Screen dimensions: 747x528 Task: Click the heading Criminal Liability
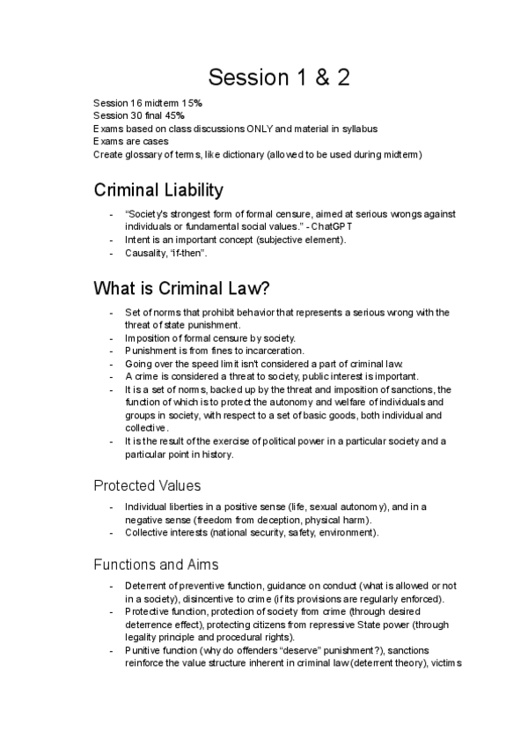[158, 189]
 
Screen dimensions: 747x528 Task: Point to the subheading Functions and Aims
[158, 564]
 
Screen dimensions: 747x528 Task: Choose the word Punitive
[144, 650]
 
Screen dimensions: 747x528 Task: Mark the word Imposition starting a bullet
[150, 337]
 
